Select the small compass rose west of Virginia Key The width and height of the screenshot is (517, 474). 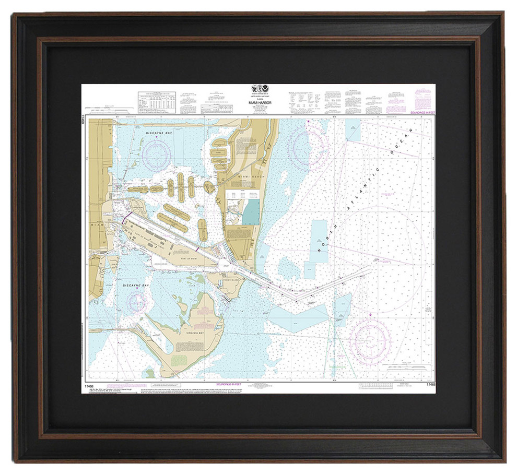[x=137, y=302]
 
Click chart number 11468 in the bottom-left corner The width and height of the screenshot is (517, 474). [x=87, y=386]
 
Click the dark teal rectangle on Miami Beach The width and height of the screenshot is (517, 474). [x=251, y=212]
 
